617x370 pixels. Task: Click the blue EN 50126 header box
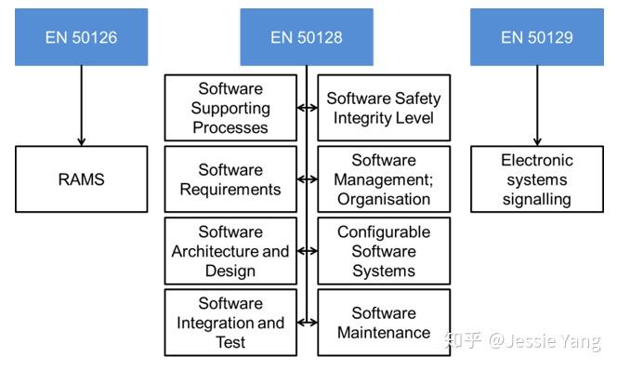click(x=81, y=37)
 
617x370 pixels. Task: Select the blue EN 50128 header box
click(x=307, y=37)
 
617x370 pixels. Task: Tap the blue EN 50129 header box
click(x=536, y=37)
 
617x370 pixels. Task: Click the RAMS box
click(x=81, y=179)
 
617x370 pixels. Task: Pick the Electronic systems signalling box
click(x=536, y=179)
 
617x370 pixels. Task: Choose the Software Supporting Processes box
click(x=230, y=108)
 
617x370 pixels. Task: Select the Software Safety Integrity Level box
click(x=384, y=108)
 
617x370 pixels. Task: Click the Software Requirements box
click(x=230, y=179)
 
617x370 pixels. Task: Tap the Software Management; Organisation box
click(x=384, y=179)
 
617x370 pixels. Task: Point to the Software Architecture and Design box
click(x=230, y=251)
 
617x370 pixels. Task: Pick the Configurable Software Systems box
click(x=384, y=251)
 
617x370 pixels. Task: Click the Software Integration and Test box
click(x=230, y=323)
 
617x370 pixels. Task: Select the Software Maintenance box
click(x=384, y=323)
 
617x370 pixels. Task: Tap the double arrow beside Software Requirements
click(x=307, y=179)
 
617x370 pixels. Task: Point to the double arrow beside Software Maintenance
click(x=307, y=323)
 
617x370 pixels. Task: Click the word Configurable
click(x=384, y=232)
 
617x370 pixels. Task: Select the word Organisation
click(x=384, y=198)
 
